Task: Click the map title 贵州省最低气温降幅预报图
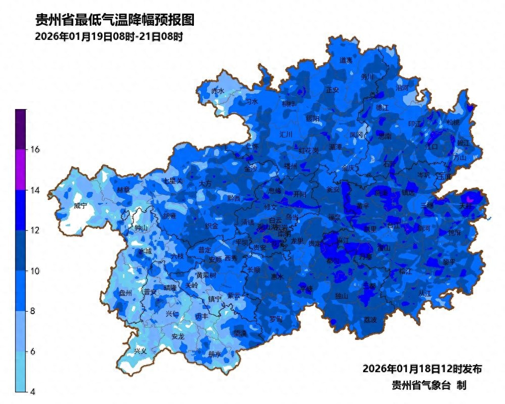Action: [115, 20]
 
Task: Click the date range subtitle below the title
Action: [109, 37]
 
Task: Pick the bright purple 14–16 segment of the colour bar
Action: [20, 170]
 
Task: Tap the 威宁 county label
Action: [80, 206]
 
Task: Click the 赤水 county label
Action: [218, 91]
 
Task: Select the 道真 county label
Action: [346, 60]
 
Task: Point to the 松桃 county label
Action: [453, 122]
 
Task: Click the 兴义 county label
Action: [140, 350]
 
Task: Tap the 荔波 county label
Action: [370, 320]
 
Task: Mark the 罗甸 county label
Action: [276, 319]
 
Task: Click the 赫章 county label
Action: [123, 190]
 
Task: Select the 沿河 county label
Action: [402, 88]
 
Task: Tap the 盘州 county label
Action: [125, 293]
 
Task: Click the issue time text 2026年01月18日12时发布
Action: [422, 369]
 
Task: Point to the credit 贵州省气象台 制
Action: [429, 385]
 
